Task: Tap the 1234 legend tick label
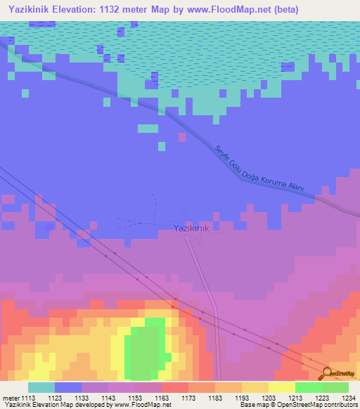[x=349, y=398]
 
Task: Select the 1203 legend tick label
[x=268, y=398]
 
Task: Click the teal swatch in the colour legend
[x=41, y=387]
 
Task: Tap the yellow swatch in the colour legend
[x=281, y=387]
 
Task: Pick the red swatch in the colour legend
[x=174, y=387]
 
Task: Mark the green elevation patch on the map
[x=146, y=346]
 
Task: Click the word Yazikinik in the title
[x=27, y=10]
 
